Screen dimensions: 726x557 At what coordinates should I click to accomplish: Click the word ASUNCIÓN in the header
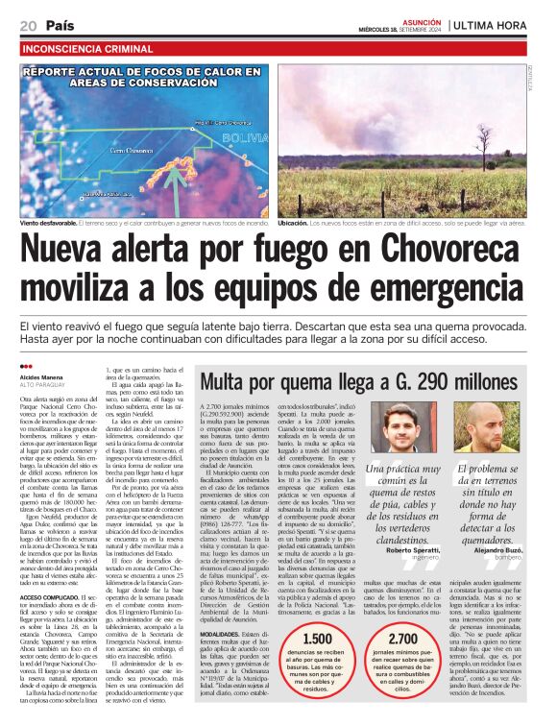pyautogui.click(x=422, y=18)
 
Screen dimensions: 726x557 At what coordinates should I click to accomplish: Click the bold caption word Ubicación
pyautogui.click(x=294, y=223)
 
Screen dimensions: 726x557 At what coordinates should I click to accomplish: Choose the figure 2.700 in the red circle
pyautogui.click(x=402, y=639)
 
